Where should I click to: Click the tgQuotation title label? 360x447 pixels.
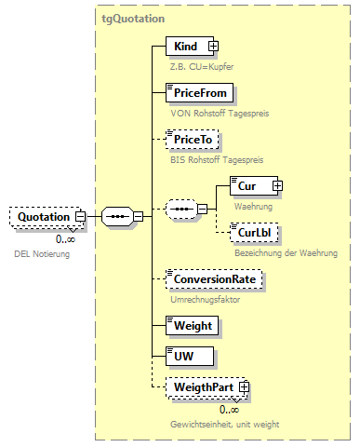tap(133, 18)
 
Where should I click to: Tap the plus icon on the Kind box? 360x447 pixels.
tap(212, 46)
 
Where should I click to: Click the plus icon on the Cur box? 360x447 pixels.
tap(276, 186)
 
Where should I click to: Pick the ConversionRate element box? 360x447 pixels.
tap(212, 278)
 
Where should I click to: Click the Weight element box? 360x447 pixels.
tap(192, 325)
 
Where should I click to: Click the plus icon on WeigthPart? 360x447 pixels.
tap(244, 386)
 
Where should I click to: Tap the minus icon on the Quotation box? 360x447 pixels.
tap(80, 217)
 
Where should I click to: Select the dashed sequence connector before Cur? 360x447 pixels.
tap(180, 210)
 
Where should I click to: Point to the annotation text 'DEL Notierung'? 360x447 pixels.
tap(41, 253)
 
